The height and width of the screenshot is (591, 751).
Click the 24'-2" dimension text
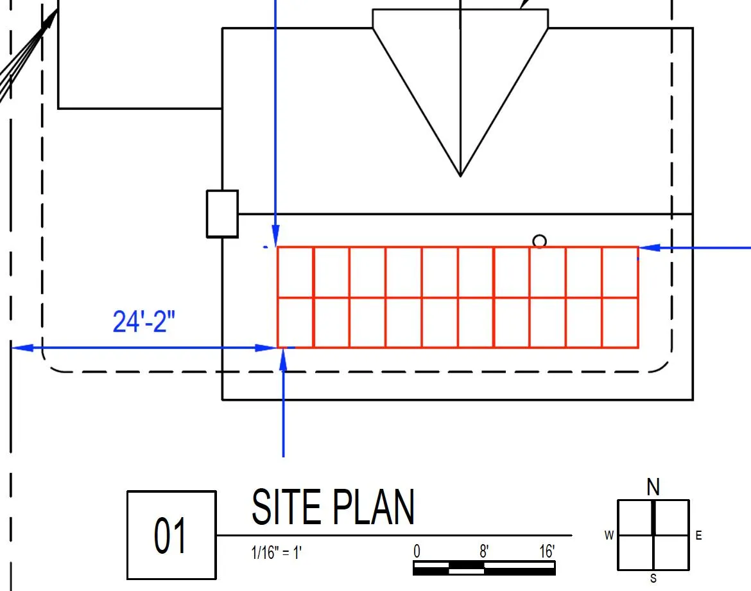pos(144,321)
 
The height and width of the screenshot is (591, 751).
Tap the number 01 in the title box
pos(169,535)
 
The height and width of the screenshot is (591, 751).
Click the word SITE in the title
pos(286,507)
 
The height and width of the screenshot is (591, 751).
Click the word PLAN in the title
pos(373,507)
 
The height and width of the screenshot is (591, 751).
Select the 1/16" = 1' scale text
pos(277,552)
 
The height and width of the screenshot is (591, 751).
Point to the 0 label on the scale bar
pos(417,551)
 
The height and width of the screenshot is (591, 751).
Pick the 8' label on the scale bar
pos(484,551)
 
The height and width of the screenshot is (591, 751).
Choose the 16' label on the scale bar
pos(547,551)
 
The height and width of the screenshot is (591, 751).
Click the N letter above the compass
pos(653,487)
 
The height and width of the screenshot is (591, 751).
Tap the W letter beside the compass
pos(609,535)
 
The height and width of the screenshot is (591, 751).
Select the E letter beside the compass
pos(699,535)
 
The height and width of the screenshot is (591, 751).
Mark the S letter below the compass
pos(653,579)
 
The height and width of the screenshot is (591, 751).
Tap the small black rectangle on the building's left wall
pos(222,214)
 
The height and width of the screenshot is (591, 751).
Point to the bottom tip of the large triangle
pos(460,177)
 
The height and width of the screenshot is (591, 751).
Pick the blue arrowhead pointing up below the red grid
pos(283,360)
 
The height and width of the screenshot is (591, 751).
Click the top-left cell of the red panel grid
pos(295,272)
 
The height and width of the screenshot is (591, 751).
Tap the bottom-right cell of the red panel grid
pos(620,322)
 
